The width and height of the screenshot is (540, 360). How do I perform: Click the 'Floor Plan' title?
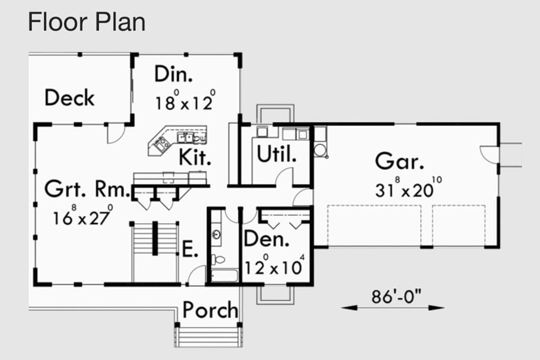(x=86, y=22)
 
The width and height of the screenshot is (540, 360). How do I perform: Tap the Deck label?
(x=69, y=98)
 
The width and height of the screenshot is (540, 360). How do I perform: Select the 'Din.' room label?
(x=173, y=74)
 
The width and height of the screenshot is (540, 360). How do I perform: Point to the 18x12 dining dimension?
(x=185, y=100)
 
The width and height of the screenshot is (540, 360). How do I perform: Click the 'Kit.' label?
(x=195, y=157)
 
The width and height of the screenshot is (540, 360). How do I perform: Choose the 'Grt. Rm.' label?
(x=87, y=189)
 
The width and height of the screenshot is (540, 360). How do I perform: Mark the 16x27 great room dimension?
(x=83, y=216)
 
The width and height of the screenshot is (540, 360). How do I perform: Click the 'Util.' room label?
(x=276, y=154)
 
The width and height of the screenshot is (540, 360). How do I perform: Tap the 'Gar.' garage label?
(x=399, y=161)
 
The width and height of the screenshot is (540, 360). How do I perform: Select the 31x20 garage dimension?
(x=409, y=188)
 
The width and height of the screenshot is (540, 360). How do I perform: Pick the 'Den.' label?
(x=266, y=239)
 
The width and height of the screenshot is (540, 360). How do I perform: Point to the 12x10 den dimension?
(x=274, y=265)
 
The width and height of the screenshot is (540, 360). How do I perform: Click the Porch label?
(x=210, y=310)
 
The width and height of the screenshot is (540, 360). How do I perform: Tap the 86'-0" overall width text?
(x=396, y=296)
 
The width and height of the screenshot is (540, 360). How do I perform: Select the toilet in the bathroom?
(x=218, y=259)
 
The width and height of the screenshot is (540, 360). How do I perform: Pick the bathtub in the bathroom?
(x=224, y=276)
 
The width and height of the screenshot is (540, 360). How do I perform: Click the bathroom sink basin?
(x=216, y=235)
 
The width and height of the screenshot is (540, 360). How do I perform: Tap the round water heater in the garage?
(x=320, y=150)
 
